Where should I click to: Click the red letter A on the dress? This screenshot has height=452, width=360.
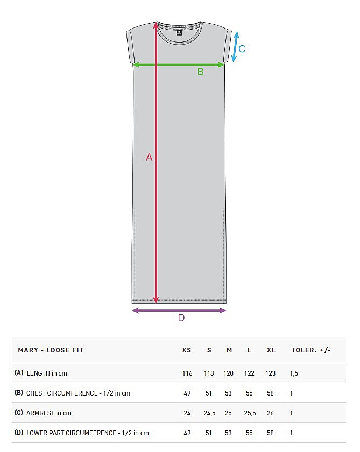pyautogui.click(x=149, y=157)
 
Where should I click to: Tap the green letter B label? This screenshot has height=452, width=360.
pyautogui.click(x=201, y=72)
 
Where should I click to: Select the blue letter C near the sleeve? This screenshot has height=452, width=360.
pyautogui.click(x=242, y=49)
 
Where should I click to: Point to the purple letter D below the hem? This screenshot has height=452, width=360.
pyautogui.click(x=181, y=318)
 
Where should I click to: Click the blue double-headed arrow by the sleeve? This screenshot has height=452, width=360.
pyautogui.click(x=236, y=47)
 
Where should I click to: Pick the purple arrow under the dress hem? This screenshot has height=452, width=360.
pyautogui.click(x=179, y=310)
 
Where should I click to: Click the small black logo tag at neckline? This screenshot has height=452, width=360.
pyautogui.click(x=179, y=33)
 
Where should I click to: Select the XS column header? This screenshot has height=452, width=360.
pyautogui.click(x=187, y=350)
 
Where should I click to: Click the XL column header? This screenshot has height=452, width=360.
pyautogui.click(x=271, y=350)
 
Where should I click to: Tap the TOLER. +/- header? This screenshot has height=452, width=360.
pyautogui.click(x=311, y=350)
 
